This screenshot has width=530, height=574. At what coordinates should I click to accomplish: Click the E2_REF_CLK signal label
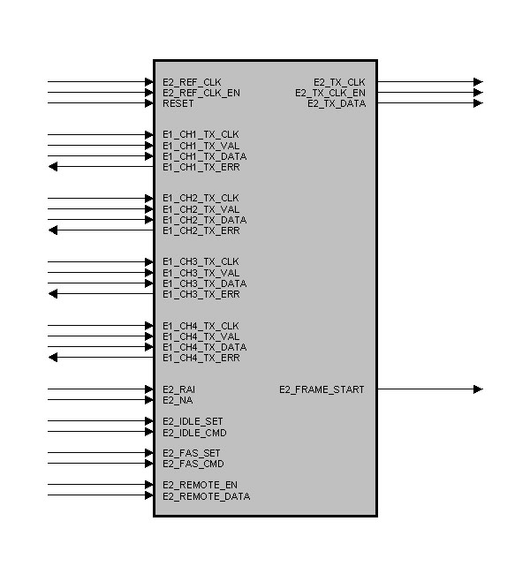(192, 82)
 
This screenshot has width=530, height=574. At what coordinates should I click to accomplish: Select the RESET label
(178, 103)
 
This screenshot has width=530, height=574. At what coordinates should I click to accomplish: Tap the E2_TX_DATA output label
(336, 103)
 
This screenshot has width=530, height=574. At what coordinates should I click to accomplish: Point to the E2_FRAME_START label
(322, 389)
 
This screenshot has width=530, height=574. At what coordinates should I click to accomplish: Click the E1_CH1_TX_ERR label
(201, 167)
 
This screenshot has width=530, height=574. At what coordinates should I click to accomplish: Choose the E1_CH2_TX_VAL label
(201, 209)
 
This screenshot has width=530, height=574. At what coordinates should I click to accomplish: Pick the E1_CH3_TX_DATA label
(204, 283)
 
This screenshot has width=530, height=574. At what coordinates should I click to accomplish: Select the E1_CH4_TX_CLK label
(201, 326)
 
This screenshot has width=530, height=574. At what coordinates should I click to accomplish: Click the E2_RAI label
(179, 389)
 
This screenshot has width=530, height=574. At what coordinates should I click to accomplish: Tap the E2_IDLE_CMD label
(194, 433)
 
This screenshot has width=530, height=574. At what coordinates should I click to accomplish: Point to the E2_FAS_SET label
(192, 453)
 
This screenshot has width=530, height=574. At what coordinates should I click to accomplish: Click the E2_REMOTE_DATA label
(206, 496)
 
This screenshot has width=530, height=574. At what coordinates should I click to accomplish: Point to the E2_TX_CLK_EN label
(329, 93)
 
